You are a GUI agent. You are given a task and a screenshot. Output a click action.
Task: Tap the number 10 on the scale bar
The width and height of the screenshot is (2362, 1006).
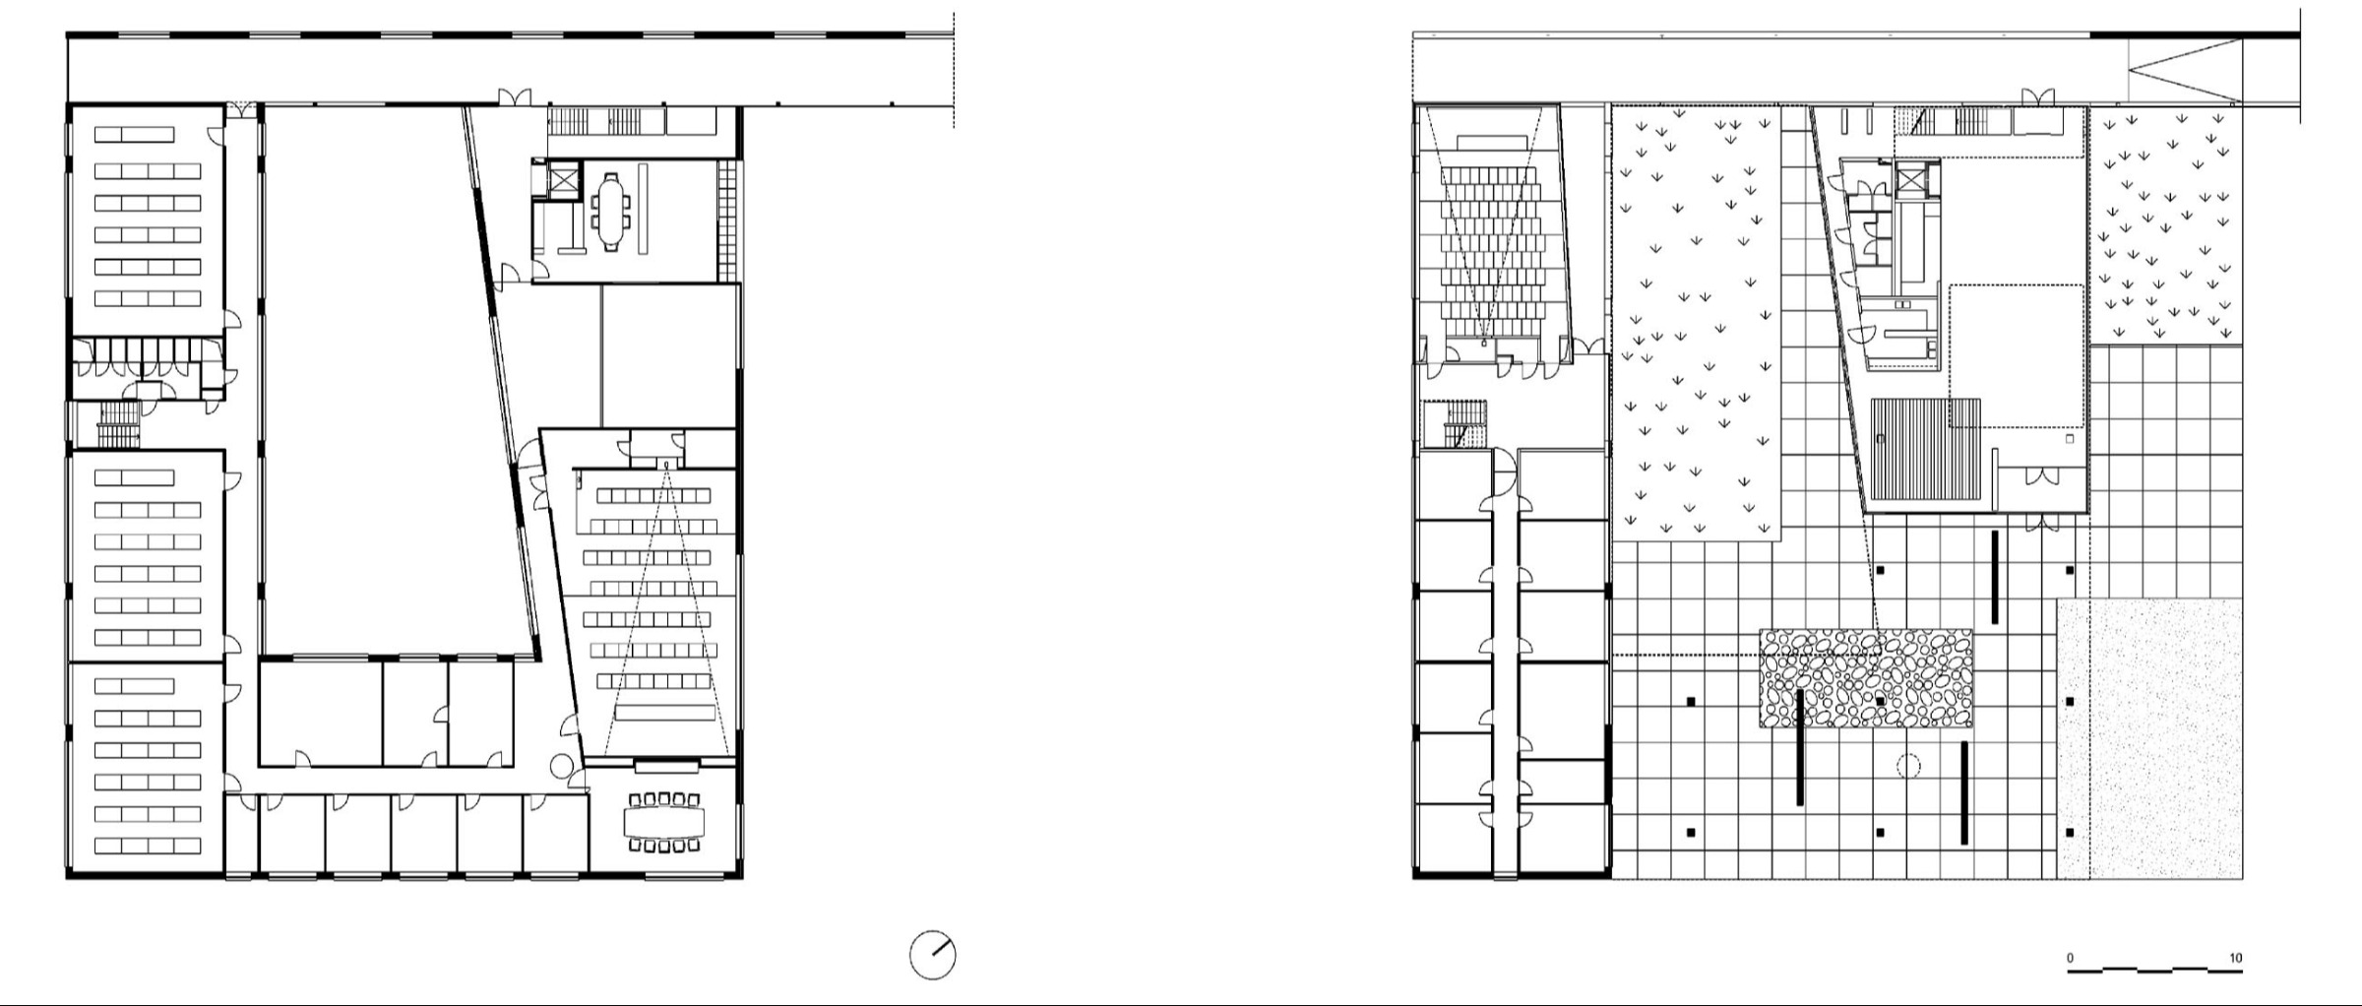tap(2236, 958)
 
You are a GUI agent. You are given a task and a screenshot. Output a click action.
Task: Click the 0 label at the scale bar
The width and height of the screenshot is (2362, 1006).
tap(2070, 958)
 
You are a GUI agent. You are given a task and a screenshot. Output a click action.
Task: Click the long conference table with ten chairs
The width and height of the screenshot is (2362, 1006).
tap(664, 821)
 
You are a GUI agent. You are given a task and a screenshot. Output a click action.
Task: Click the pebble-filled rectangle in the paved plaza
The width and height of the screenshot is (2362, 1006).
tap(1866, 678)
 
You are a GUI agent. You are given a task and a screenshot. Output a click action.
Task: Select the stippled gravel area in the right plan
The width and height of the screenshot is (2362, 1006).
tap(2149, 737)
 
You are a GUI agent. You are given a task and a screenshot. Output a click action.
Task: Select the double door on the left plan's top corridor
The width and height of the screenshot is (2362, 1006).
tap(512, 97)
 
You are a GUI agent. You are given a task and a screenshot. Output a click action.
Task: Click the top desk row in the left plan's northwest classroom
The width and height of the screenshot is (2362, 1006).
tap(134, 135)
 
